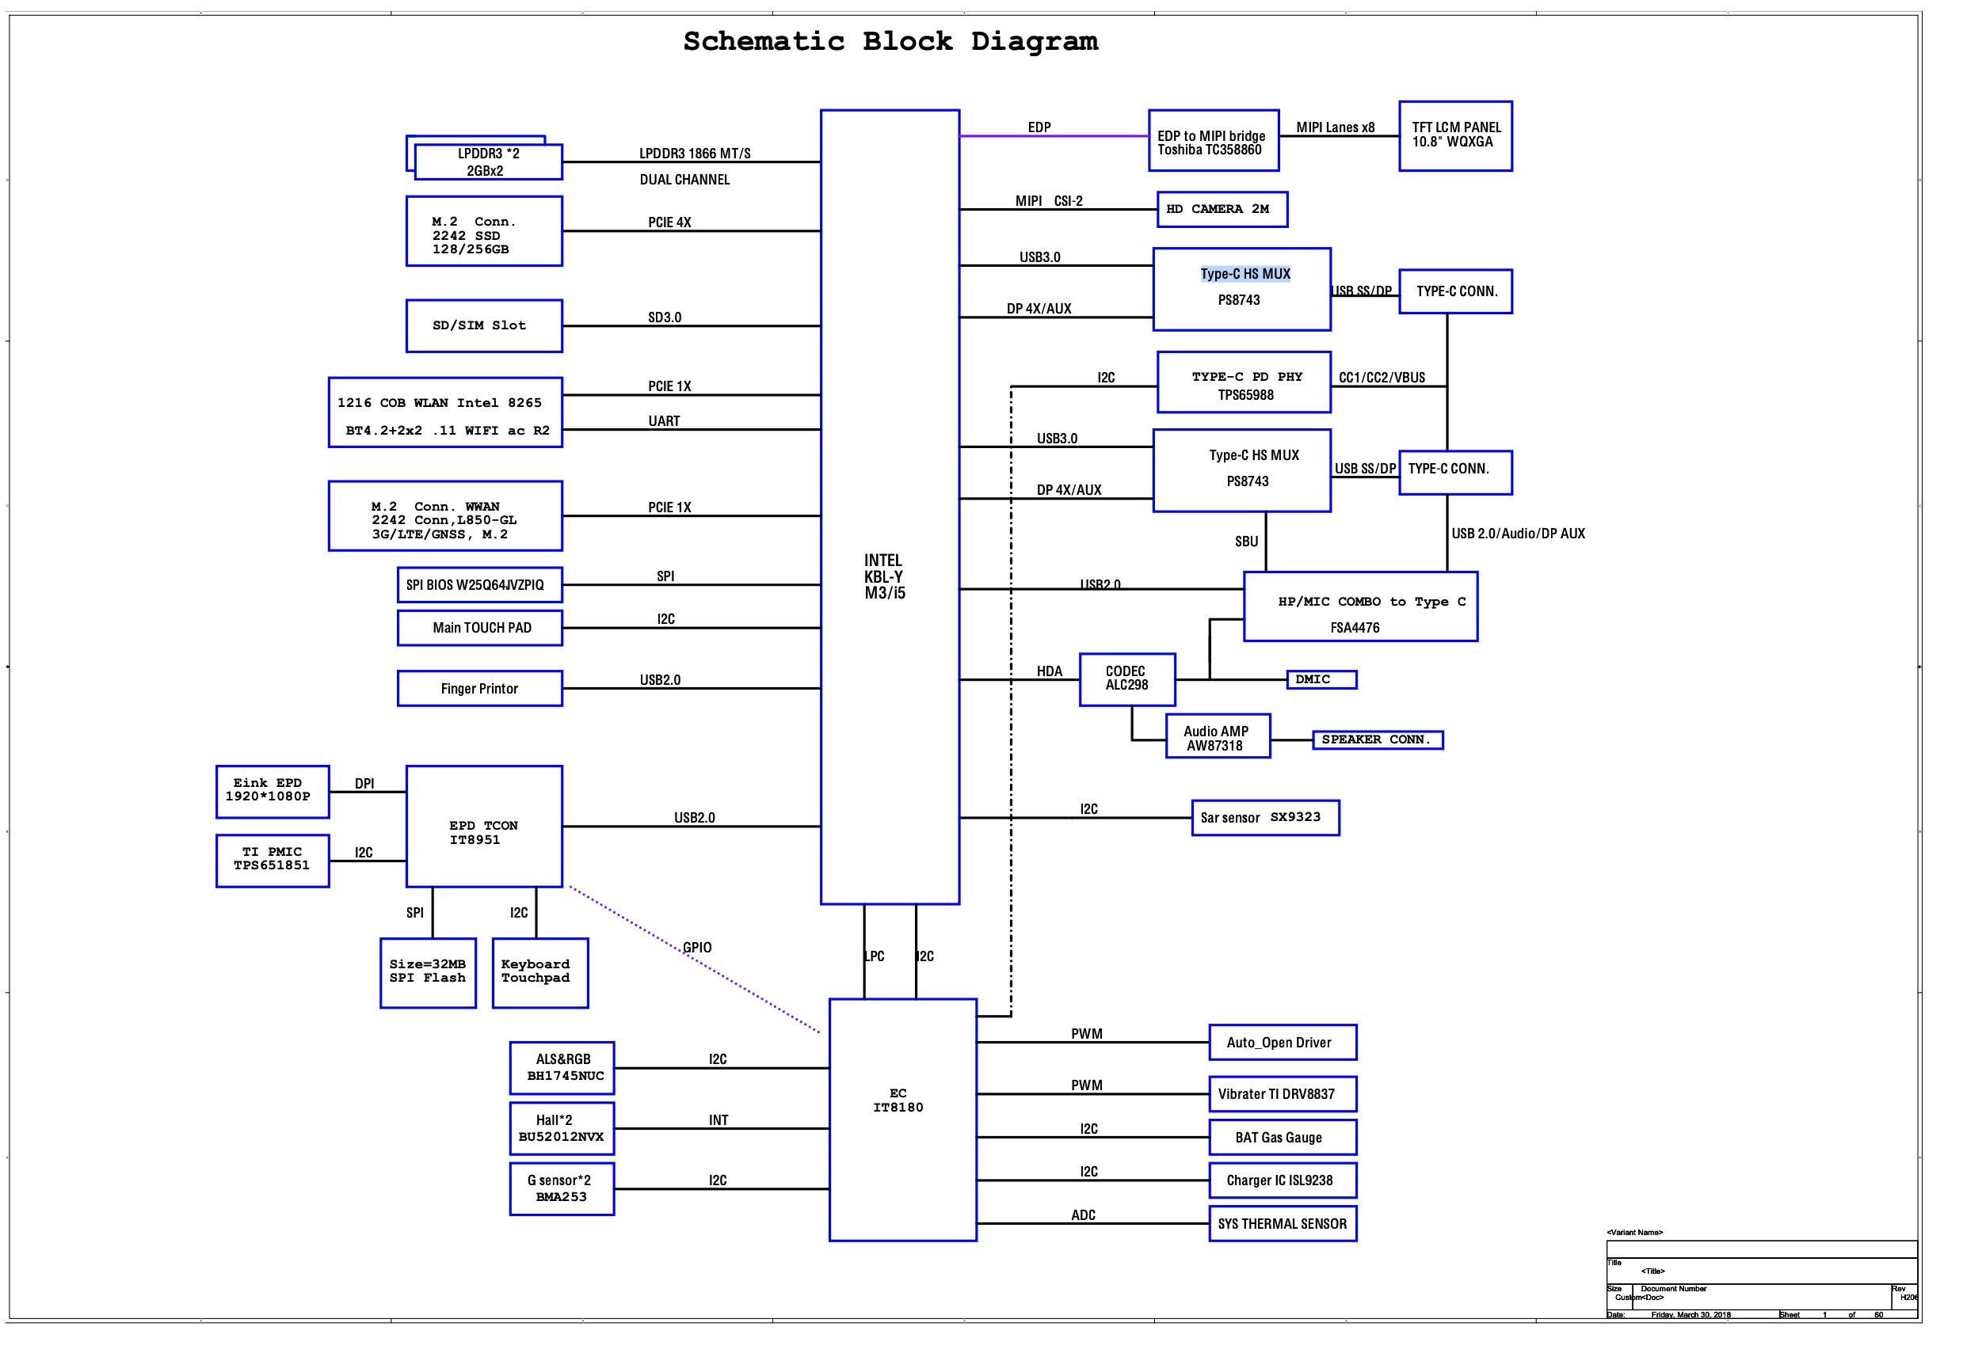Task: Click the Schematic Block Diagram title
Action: [890, 41]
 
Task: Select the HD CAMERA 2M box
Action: [1222, 209]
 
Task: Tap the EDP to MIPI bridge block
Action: [1213, 141]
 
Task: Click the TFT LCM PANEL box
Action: [1454, 136]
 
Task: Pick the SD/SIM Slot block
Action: [483, 325]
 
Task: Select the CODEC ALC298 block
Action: [1126, 678]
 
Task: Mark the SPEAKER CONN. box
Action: [1376, 739]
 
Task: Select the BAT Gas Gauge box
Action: [1282, 1137]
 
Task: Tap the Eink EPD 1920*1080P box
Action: [273, 791]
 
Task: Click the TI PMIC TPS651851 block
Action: [273, 860]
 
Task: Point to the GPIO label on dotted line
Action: [696, 947]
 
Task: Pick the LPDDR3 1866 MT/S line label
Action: [694, 153]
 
